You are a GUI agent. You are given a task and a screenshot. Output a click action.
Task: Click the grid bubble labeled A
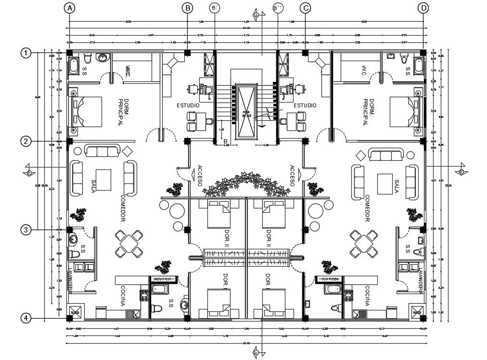click(70, 8)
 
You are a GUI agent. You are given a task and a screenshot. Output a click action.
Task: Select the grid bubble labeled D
click(423, 8)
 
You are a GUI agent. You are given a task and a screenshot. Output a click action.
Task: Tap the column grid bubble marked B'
click(215, 8)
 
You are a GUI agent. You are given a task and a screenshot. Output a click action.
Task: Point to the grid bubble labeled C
click(305, 8)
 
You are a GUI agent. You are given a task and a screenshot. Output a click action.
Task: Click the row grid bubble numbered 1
click(26, 52)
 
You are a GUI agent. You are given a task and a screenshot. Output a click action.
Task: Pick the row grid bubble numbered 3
click(26, 230)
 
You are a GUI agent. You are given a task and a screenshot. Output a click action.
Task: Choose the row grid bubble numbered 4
click(26, 318)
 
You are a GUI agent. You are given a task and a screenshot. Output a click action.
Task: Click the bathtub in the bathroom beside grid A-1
click(75, 66)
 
